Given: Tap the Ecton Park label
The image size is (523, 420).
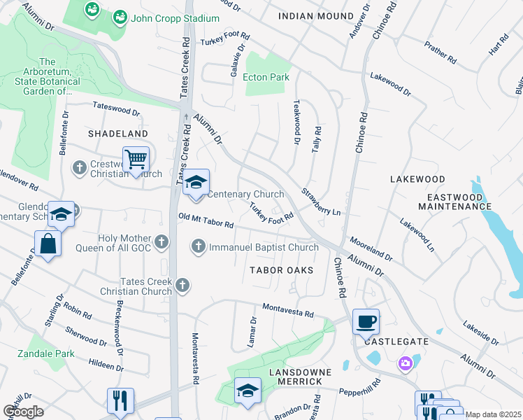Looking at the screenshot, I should click(x=266, y=77).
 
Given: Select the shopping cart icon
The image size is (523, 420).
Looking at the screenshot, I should click(x=136, y=159).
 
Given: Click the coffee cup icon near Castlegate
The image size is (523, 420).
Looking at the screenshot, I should click(x=366, y=322).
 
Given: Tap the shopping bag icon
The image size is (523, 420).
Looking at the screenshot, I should click(x=48, y=244).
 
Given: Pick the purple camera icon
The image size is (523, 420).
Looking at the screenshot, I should click(x=405, y=363).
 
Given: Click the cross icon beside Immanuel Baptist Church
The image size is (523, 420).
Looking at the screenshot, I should click(x=199, y=246).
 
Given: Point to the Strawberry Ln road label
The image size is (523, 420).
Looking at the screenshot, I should click(x=321, y=202).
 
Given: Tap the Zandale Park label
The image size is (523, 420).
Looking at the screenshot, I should click(x=46, y=353).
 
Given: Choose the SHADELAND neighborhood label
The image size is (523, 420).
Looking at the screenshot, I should click(x=117, y=133).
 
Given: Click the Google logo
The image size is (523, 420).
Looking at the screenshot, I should click(x=23, y=412).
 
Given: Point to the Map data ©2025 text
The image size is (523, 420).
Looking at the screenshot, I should click(x=493, y=414).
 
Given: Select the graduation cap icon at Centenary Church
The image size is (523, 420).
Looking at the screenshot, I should click(x=196, y=183).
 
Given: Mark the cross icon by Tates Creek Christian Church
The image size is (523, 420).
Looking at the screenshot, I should click(x=182, y=284).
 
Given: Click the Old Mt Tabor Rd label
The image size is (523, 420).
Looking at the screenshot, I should click(x=206, y=221).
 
